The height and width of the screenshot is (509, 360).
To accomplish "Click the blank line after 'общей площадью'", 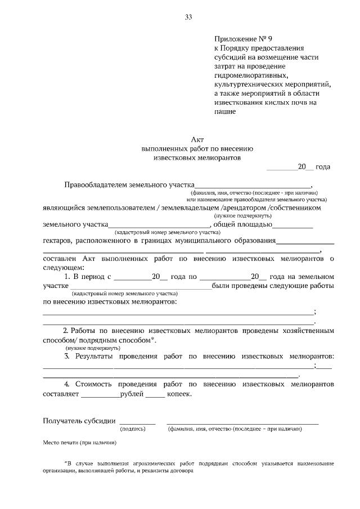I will [292, 225].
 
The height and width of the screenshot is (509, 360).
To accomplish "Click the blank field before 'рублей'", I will [100, 394].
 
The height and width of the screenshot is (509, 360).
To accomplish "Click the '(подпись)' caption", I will [133, 429].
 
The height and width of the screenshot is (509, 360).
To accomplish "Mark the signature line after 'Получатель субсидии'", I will [137, 421].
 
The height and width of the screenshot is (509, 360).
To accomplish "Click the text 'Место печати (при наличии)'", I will [80, 443].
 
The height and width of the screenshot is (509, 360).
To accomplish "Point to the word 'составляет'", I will [61, 394].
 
